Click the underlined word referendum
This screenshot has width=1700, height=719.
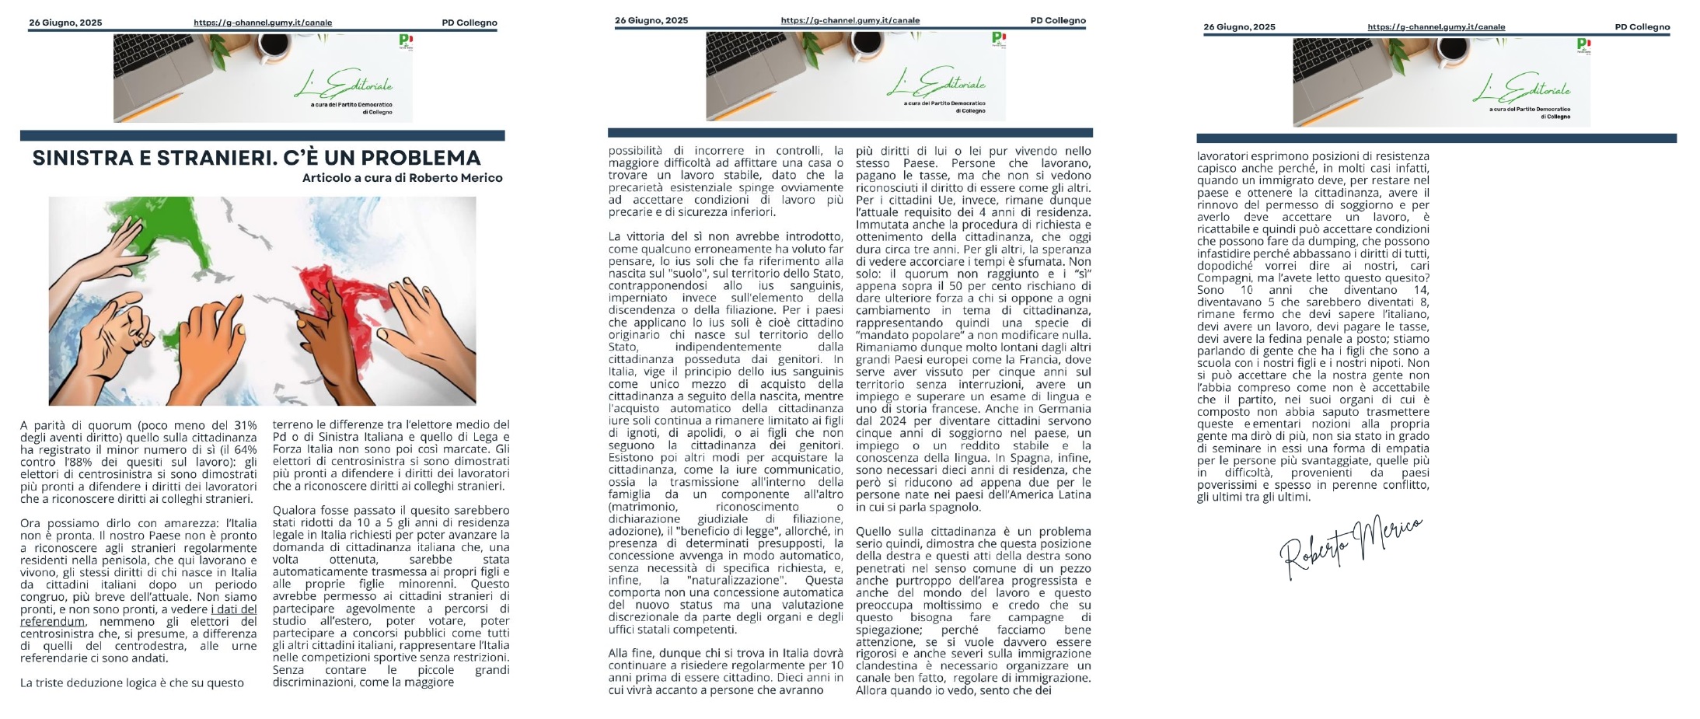click(53, 622)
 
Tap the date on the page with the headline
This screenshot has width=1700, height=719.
click(65, 23)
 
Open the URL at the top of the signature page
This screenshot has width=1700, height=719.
click(1436, 27)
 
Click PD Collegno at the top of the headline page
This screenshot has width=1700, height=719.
click(469, 23)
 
